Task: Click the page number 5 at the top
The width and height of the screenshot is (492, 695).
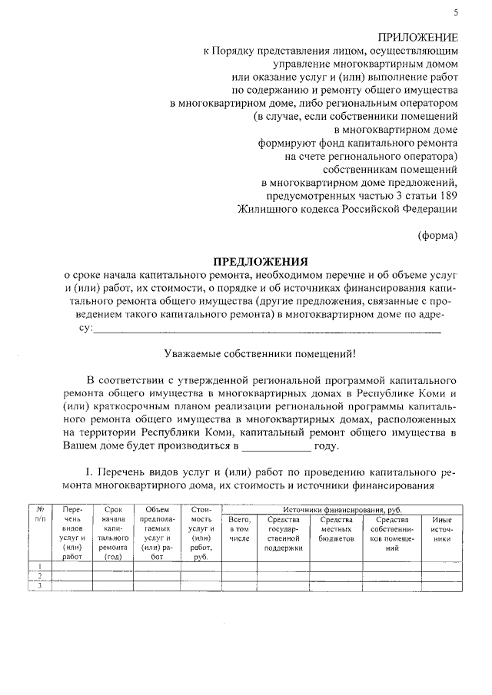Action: click(x=456, y=12)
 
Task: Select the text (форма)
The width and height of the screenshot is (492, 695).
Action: click(x=437, y=235)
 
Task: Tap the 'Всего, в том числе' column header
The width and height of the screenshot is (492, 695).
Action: click(x=240, y=530)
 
